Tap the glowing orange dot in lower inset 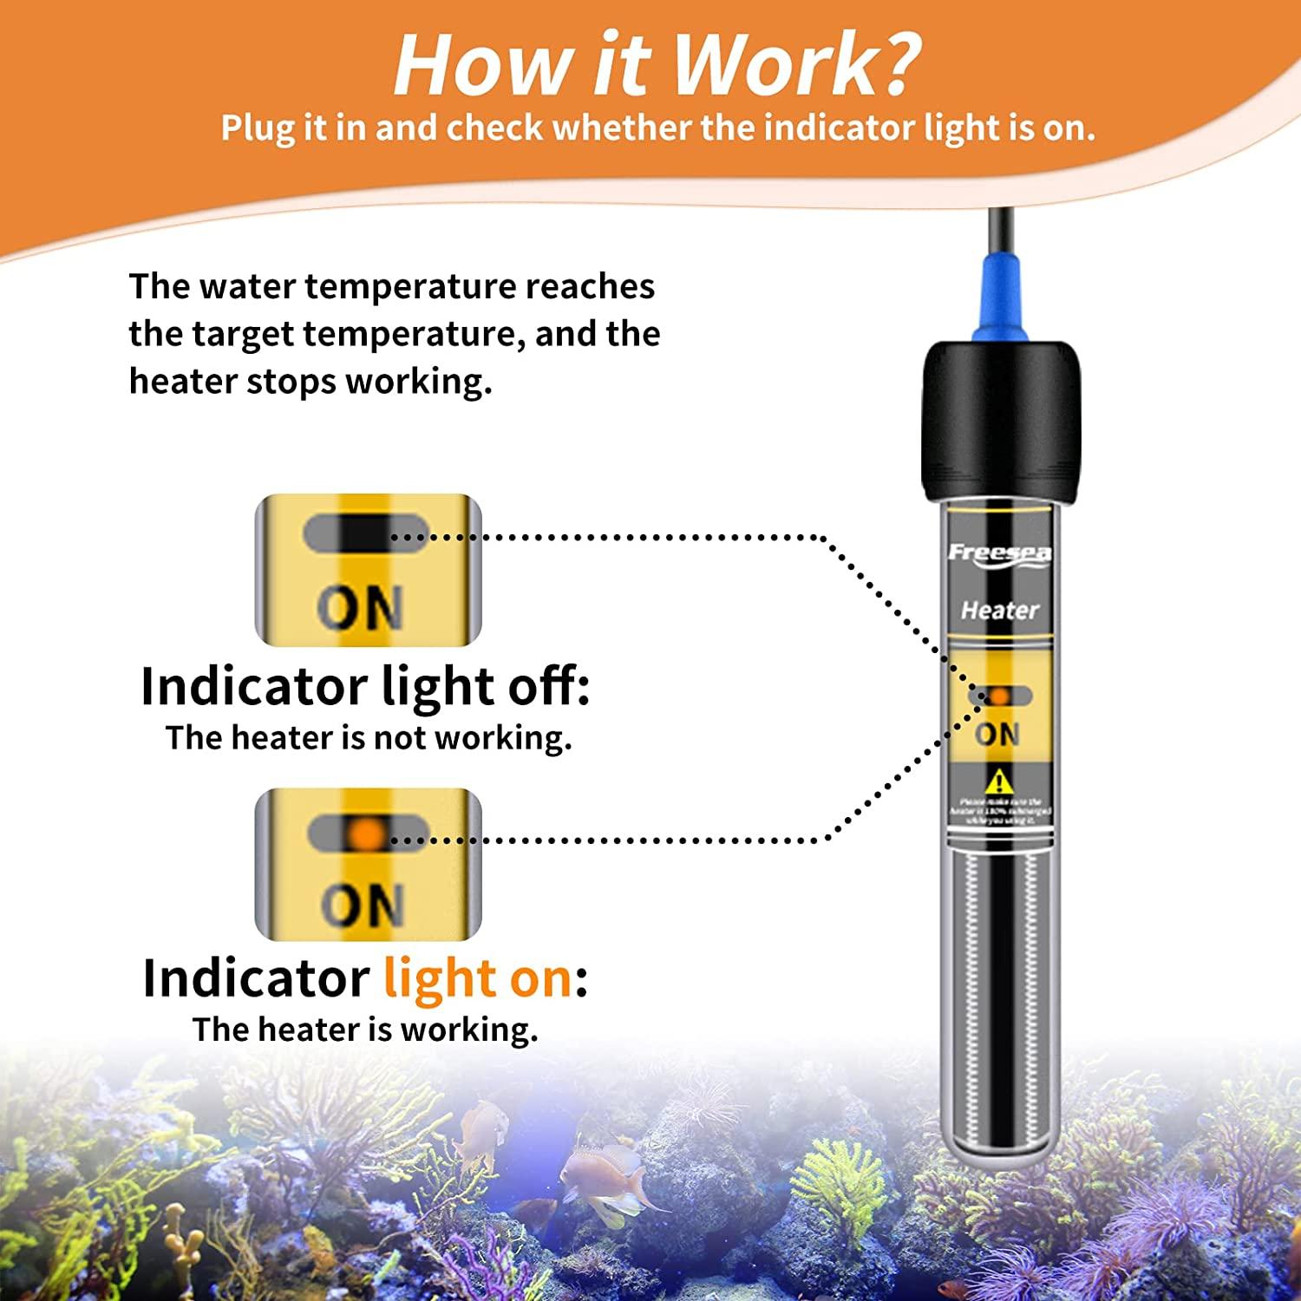tap(367, 834)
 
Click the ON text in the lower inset tap(363, 905)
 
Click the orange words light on tap(478, 978)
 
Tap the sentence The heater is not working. tap(369, 738)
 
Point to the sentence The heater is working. tap(365, 1030)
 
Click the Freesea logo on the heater tap(999, 553)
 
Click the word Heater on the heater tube tap(999, 611)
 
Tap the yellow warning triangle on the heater tap(999, 781)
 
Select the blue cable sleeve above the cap tap(1000, 299)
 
